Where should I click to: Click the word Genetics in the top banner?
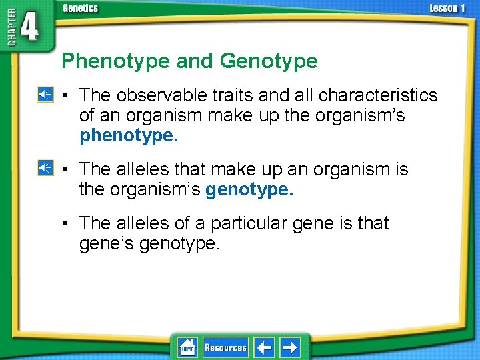(80, 8)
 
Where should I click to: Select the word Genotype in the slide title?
(268, 62)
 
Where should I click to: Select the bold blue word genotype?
(249, 190)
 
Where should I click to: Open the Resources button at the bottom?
(225, 347)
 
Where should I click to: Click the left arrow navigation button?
(264, 347)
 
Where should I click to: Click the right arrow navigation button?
(289, 347)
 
